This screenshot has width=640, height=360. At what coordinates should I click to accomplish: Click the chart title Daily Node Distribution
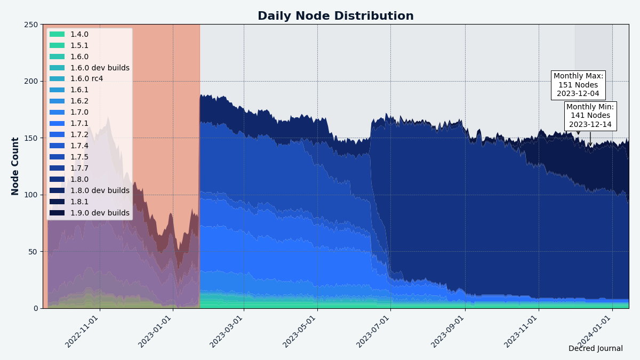coord(335,16)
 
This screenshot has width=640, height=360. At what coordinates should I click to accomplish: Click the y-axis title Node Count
coord(15,166)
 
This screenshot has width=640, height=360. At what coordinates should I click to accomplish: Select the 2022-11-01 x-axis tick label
coord(82,331)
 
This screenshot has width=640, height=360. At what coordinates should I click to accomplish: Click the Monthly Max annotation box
coord(578,85)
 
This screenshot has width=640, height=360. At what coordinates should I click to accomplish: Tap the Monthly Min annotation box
coord(590,116)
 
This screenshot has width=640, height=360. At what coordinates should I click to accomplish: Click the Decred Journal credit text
coord(595,348)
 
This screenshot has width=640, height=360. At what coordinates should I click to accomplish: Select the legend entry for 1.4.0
coord(79,34)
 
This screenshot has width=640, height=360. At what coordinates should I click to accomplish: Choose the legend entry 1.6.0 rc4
coord(86,79)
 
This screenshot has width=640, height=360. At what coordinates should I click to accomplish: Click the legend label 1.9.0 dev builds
coord(100,213)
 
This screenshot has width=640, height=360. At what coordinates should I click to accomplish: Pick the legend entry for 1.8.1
coord(79,202)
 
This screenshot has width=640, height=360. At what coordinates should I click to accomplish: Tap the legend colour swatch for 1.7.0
coord(57,113)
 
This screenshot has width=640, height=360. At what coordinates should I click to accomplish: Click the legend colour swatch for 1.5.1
coord(57,45)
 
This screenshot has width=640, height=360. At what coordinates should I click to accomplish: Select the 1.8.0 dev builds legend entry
coord(100,191)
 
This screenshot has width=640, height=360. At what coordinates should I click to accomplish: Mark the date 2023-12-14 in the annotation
coord(590,125)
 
